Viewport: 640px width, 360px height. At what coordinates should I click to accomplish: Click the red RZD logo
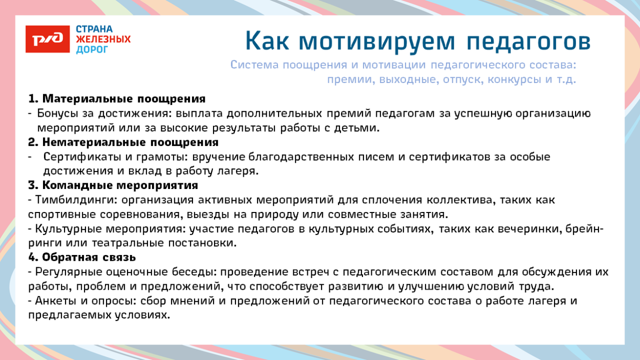click(x=47, y=39)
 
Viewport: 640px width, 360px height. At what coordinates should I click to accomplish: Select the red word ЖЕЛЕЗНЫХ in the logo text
click(x=103, y=39)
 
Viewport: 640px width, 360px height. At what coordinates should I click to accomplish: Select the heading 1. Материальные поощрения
click(x=117, y=98)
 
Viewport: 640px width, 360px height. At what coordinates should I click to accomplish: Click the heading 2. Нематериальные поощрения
click(x=123, y=142)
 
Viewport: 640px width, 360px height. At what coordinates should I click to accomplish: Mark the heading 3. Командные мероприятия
click(x=113, y=185)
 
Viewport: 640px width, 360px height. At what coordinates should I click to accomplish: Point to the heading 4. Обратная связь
click(x=82, y=257)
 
